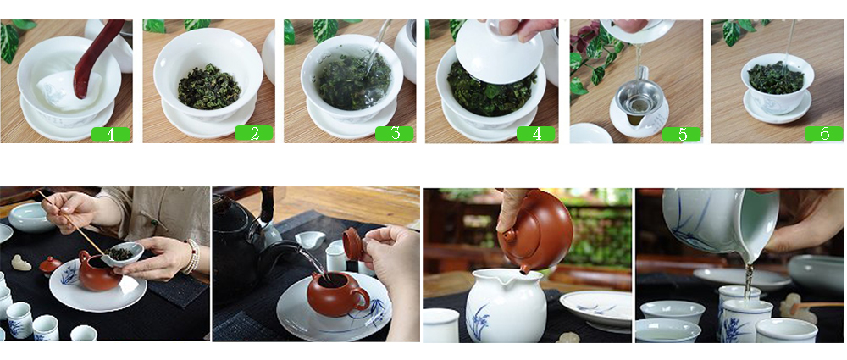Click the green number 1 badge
pyautogui.click(x=111, y=134)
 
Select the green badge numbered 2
pyautogui.click(x=254, y=134)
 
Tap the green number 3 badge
pyautogui.click(x=395, y=134)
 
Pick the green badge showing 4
pyautogui.click(x=536, y=134)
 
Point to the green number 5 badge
pyautogui.click(x=682, y=134)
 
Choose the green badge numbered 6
pyautogui.click(x=824, y=134)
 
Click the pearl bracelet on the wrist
pyautogui.click(x=192, y=256)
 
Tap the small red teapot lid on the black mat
pyautogui.click(x=50, y=264)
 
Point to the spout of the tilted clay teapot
pyautogui.click(x=523, y=269)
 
